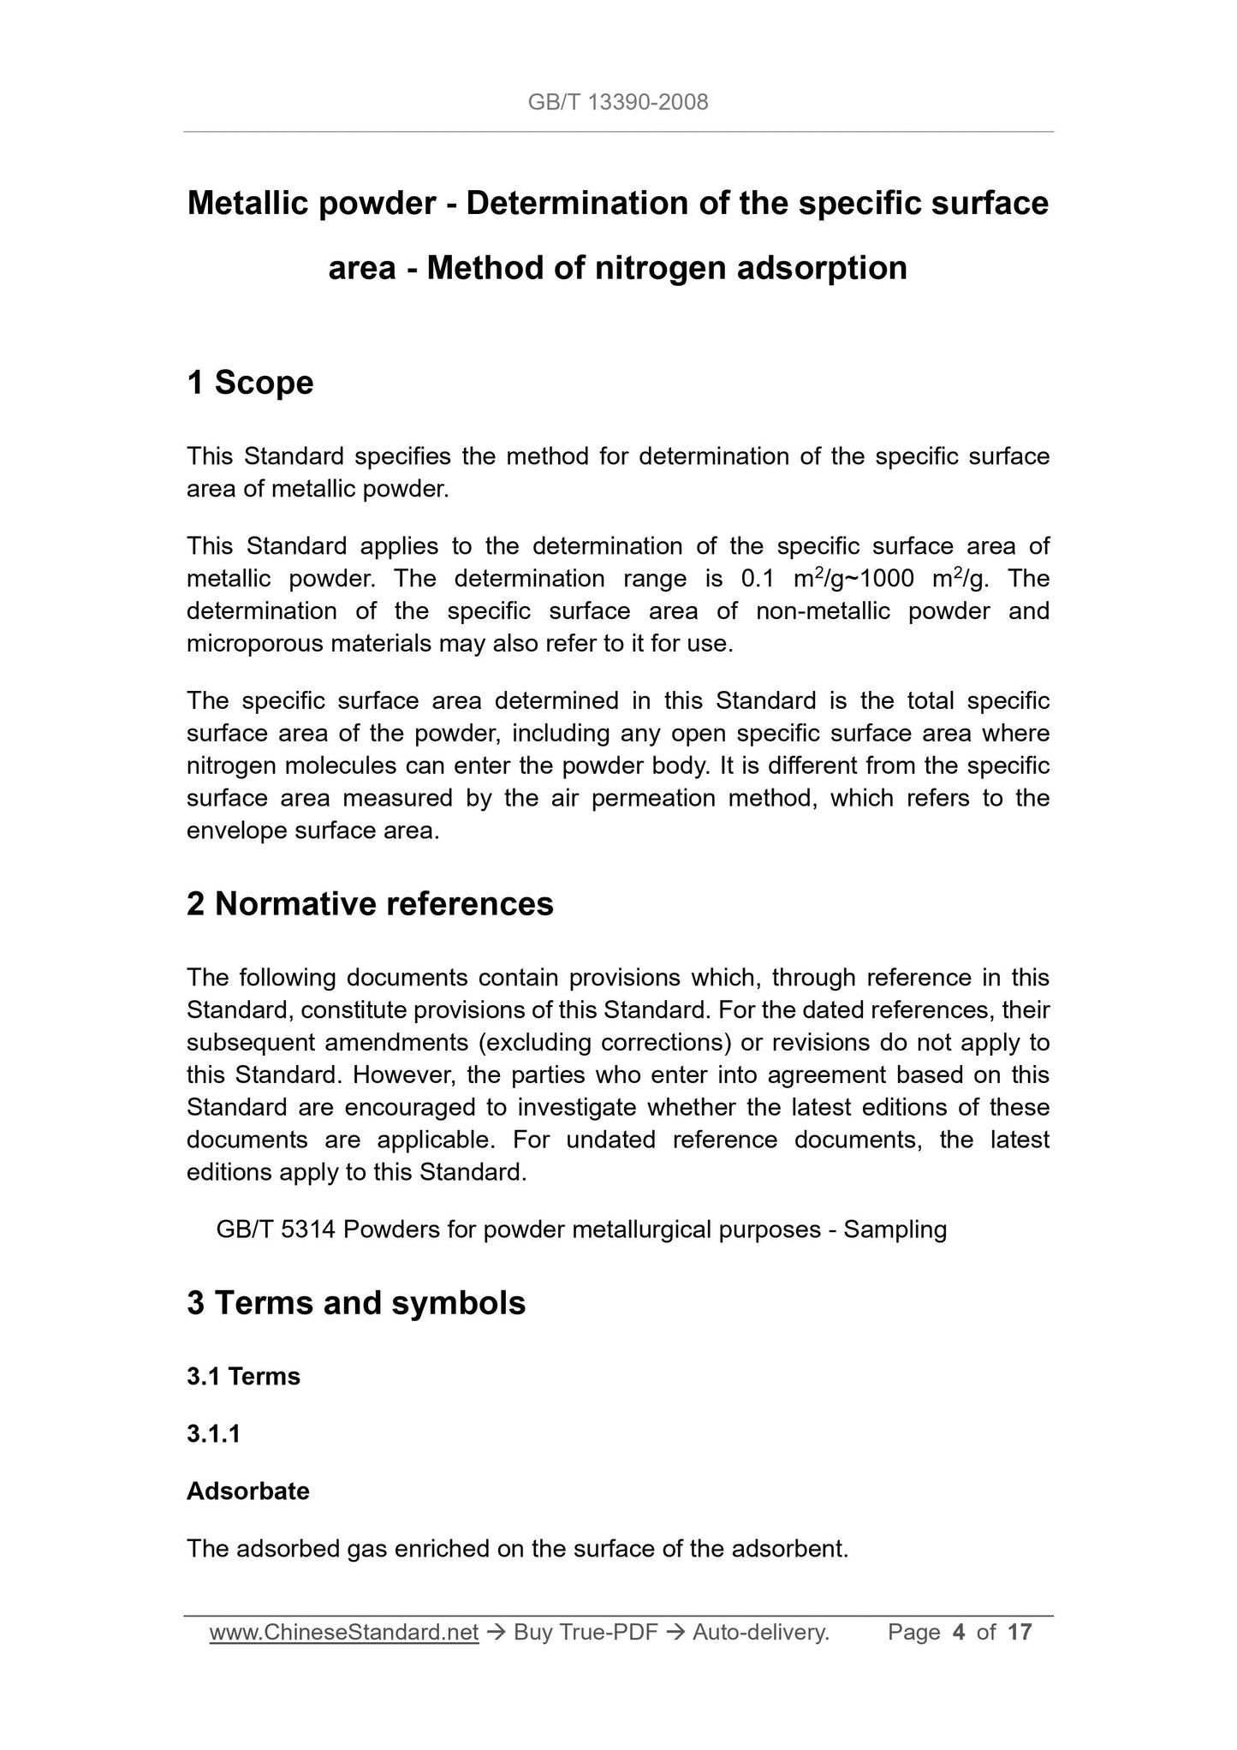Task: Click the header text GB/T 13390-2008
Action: pos(618,103)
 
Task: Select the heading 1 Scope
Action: pos(250,383)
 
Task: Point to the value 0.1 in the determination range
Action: pos(757,580)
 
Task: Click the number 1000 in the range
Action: pos(888,580)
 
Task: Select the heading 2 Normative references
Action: pos(370,904)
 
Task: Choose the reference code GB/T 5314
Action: pos(276,1230)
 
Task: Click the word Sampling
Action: pos(895,1230)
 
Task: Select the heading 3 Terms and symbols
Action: pos(356,1303)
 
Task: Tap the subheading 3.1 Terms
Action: pos(243,1377)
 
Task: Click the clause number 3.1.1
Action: pos(213,1434)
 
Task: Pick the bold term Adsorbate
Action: pos(248,1491)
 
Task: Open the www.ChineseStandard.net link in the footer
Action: pos(343,1634)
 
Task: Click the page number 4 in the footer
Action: pos(959,1634)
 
